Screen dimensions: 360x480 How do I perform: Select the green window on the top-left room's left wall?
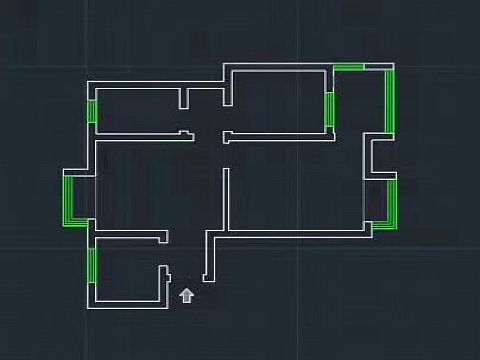coord(92,111)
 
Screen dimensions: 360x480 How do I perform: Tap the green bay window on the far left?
coord(69,199)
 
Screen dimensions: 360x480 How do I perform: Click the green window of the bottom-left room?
coord(91,265)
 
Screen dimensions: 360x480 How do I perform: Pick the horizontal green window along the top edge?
coord(348,67)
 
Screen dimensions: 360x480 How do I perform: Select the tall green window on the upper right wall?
coord(390,100)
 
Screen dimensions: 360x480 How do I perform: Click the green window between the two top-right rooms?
coord(328,108)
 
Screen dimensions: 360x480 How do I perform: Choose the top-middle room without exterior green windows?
coord(277,100)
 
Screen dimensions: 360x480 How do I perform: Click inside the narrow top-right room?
coord(359,100)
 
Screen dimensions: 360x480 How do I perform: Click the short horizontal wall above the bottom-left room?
coord(130,236)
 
